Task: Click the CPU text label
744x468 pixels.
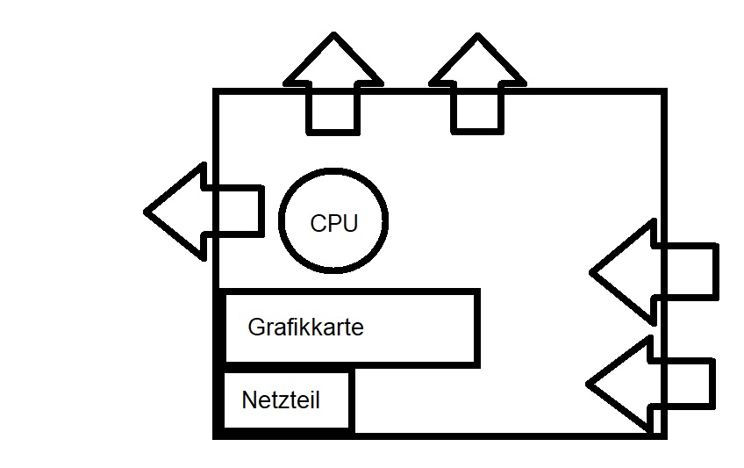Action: tap(333, 223)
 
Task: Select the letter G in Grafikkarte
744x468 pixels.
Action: tap(256, 328)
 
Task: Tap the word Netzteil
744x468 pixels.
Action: tap(280, 401)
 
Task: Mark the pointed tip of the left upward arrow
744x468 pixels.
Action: tap(333, 37)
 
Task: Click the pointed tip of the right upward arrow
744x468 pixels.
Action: tap(478, 37)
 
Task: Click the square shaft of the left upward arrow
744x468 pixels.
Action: tap(333, 110)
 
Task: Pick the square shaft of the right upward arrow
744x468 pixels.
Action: tap(478, 110)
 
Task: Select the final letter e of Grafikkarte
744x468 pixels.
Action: tap(358, 329)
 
